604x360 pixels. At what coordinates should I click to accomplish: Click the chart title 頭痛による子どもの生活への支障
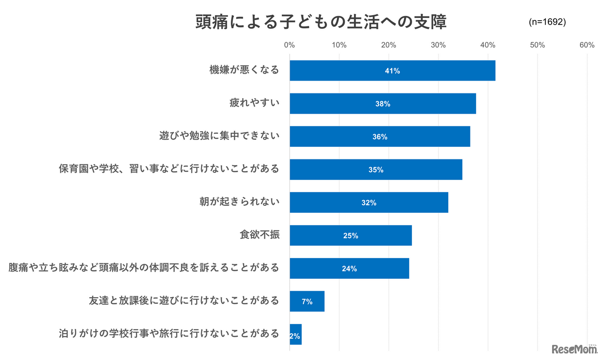321,22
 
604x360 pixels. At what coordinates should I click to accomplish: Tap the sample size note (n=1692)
547,22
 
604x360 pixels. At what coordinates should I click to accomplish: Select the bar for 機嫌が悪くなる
392,71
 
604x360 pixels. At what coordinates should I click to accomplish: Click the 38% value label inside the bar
383,104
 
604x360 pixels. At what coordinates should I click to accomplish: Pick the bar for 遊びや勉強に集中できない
379,137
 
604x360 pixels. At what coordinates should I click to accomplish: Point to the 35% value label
376,170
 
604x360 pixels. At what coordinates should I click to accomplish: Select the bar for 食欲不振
351,235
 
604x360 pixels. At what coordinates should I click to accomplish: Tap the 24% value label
349,268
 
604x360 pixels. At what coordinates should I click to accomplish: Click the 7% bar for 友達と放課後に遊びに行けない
307,301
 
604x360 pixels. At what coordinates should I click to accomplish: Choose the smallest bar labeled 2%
295,335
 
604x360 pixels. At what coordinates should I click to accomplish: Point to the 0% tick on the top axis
289,45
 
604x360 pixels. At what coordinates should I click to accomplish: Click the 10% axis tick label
339,45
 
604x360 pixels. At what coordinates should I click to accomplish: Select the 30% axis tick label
438,45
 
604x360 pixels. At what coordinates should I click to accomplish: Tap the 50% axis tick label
537,45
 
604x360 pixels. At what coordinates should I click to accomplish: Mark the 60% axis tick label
587,45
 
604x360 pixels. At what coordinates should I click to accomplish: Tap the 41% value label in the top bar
392,71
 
